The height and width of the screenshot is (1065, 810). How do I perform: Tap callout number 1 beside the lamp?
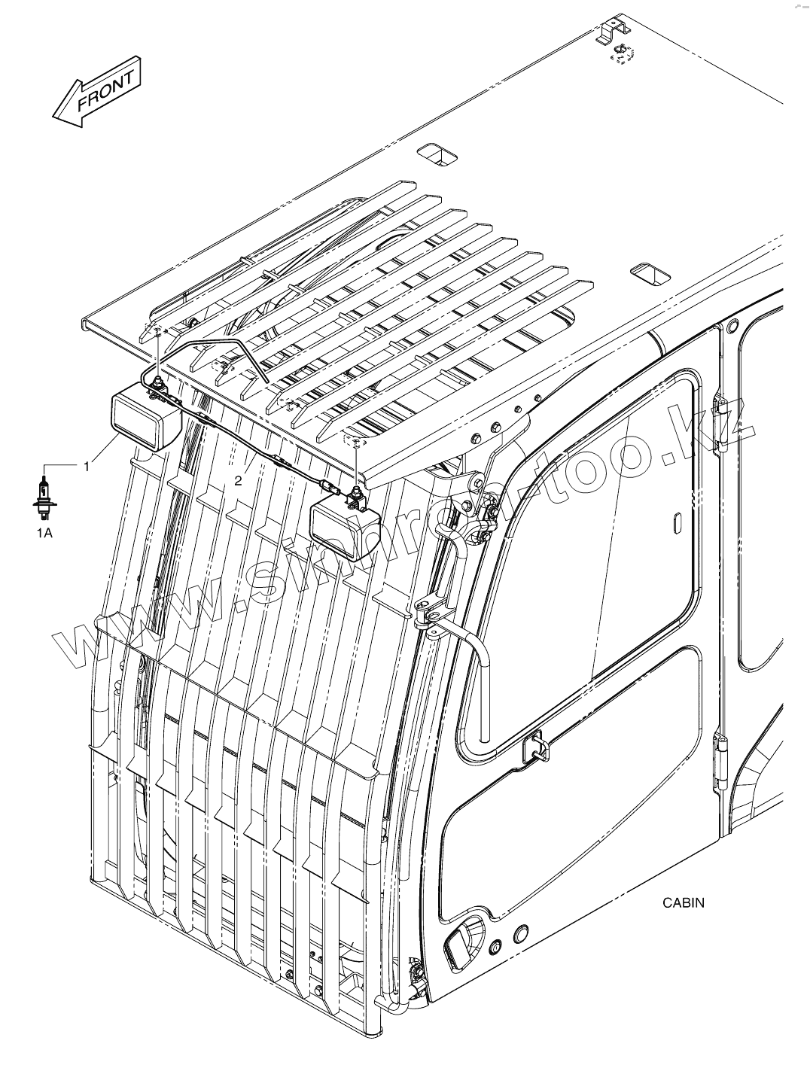pyautogui.click(x=87, y=467)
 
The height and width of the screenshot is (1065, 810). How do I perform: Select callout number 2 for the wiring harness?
pyautogui.click(x=238, y=481)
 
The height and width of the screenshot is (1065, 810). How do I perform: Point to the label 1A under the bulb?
pyautogui.click(x=45, y=533)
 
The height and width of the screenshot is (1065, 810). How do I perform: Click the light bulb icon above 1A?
pyautogui.click(x=45, y=498)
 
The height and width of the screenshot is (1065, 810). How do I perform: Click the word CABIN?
pyautogui.click(x=683, y=902)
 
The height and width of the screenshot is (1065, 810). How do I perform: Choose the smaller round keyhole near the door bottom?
pyautogui.click(x=495, y=946)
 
